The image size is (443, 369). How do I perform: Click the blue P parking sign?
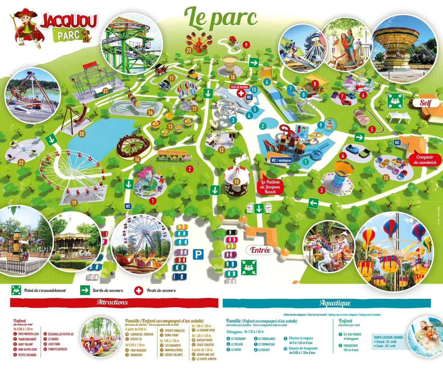tap(199, 254)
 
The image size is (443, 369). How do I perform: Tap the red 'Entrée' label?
tap(260, 250)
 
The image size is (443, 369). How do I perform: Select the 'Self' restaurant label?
tap(425, 103)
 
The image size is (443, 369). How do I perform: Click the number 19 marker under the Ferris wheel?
tap(74, 203)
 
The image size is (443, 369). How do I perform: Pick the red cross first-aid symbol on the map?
tap(240, 93)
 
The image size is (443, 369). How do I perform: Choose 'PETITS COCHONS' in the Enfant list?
tap(28, 355)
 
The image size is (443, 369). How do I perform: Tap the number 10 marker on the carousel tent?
tap(237, 181)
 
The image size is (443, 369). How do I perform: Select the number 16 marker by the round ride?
tap(137, 159)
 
